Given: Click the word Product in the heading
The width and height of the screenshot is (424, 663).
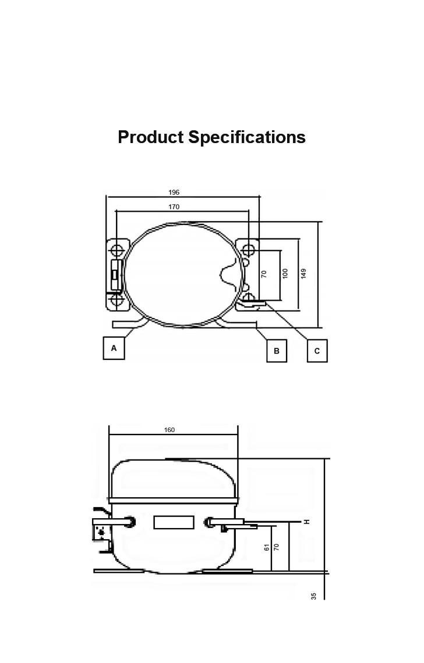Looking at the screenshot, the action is (x=150, y=137).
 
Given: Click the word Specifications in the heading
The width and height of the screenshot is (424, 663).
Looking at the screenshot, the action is (x=247, y=138).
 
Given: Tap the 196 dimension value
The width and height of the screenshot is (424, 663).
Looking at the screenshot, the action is (x=174, y=193).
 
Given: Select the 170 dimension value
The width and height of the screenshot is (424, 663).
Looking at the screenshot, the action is (x=174, y=207).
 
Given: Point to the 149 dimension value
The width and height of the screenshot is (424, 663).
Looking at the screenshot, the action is (x=303, y=273).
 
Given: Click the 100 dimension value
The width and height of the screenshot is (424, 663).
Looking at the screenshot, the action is (x=285, y=273).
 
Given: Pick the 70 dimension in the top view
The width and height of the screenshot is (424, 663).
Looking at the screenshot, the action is (x=264, y=274).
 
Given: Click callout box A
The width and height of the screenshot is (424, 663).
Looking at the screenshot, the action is (x=114, y=348).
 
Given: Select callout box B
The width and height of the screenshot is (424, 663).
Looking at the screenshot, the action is (x=277, y=351).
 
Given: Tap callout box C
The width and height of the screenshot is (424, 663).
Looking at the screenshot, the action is (x=317, y=351).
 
